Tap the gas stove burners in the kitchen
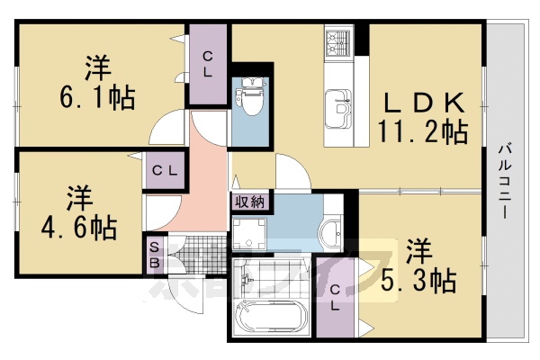[339, 41]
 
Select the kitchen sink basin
[340, 105]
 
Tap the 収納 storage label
[249, 202]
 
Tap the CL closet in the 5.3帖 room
[334, 297]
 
